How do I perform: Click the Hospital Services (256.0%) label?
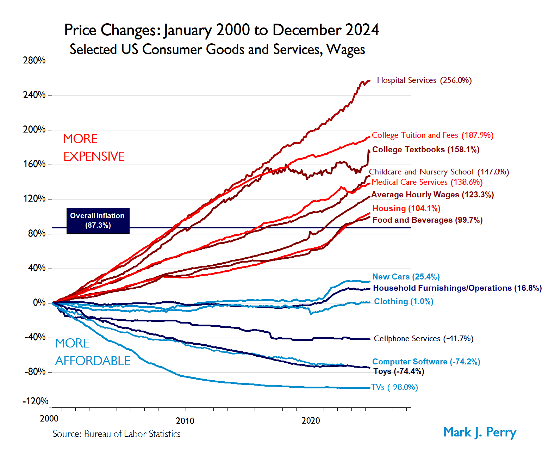click(424, 80)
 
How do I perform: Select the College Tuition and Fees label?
click(432, 135)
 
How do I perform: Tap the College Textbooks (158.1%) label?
click(426, 149)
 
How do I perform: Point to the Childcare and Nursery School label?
click(439, 172)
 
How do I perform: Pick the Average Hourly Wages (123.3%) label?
click(432, 195)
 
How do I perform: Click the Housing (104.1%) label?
click(406, 208)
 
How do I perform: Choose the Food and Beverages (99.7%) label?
click(428, 220)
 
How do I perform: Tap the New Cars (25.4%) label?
click(406, 277)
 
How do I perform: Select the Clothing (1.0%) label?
click(404, 301)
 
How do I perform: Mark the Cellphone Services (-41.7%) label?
click(424, 339)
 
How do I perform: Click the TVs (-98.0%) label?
click(395, 387)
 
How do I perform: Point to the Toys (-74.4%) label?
click(399, 371)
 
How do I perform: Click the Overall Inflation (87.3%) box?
click(98, 221)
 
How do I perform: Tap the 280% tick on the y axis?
click(35, 61)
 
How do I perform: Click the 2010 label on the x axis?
click(185, 421)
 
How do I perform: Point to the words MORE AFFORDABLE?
click(93, 352)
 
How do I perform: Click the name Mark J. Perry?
click(480, 432)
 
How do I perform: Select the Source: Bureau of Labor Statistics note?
click(117, 434)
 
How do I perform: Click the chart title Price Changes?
click(222, 30)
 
